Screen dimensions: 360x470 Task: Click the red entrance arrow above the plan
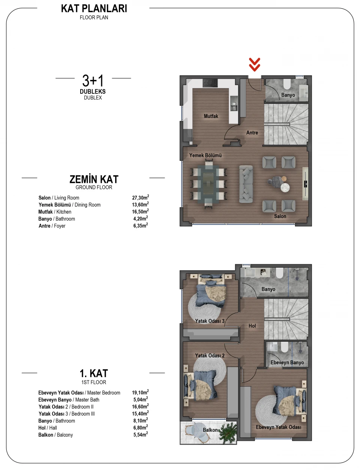pyautogui.click(x=254, y=64)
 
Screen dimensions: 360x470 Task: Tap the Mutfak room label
pyautogui.click(x=211, y=116)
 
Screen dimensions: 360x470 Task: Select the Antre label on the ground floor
pyautogui.click(x=252, y=133)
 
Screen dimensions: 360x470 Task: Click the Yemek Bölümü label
pyautogui.click(x=205, y=155)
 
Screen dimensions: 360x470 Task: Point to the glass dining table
pyautogui.click(x=208, y=184)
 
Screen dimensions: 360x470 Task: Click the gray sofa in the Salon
pyautogui.click(x=246, y=184)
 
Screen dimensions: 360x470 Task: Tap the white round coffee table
pyautogui.click(x=285, y=187)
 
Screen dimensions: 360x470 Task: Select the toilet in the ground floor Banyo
pyautogui.click(x=287, y=84)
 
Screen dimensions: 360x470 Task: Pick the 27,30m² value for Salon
pyautogui.click(x=140, y=197)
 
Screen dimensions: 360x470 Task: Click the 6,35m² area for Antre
pyautogui.click(x=140, y=225)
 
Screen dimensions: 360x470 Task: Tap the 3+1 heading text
pyautogui.click(x=93, y=81)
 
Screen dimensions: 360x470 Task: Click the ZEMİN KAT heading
pyautogui.click(x=94, y=179)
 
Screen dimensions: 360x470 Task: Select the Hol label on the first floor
pyautogui.click(x=252, y=326)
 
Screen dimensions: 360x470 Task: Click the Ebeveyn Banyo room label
pyautogui.click(x=287, y=362)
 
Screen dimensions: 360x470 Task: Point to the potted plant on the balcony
pyautogui.click(x=228, y=431)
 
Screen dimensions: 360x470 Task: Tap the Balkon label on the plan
pyautogui.click(x=210, y=430)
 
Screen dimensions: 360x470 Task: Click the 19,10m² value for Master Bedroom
pyautogui.click(x=140, y=392)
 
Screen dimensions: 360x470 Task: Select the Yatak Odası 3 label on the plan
pyautogui.click(x=210, y=321)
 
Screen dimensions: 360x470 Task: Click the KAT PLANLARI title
pyautogui.click(x=94, y=9)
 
